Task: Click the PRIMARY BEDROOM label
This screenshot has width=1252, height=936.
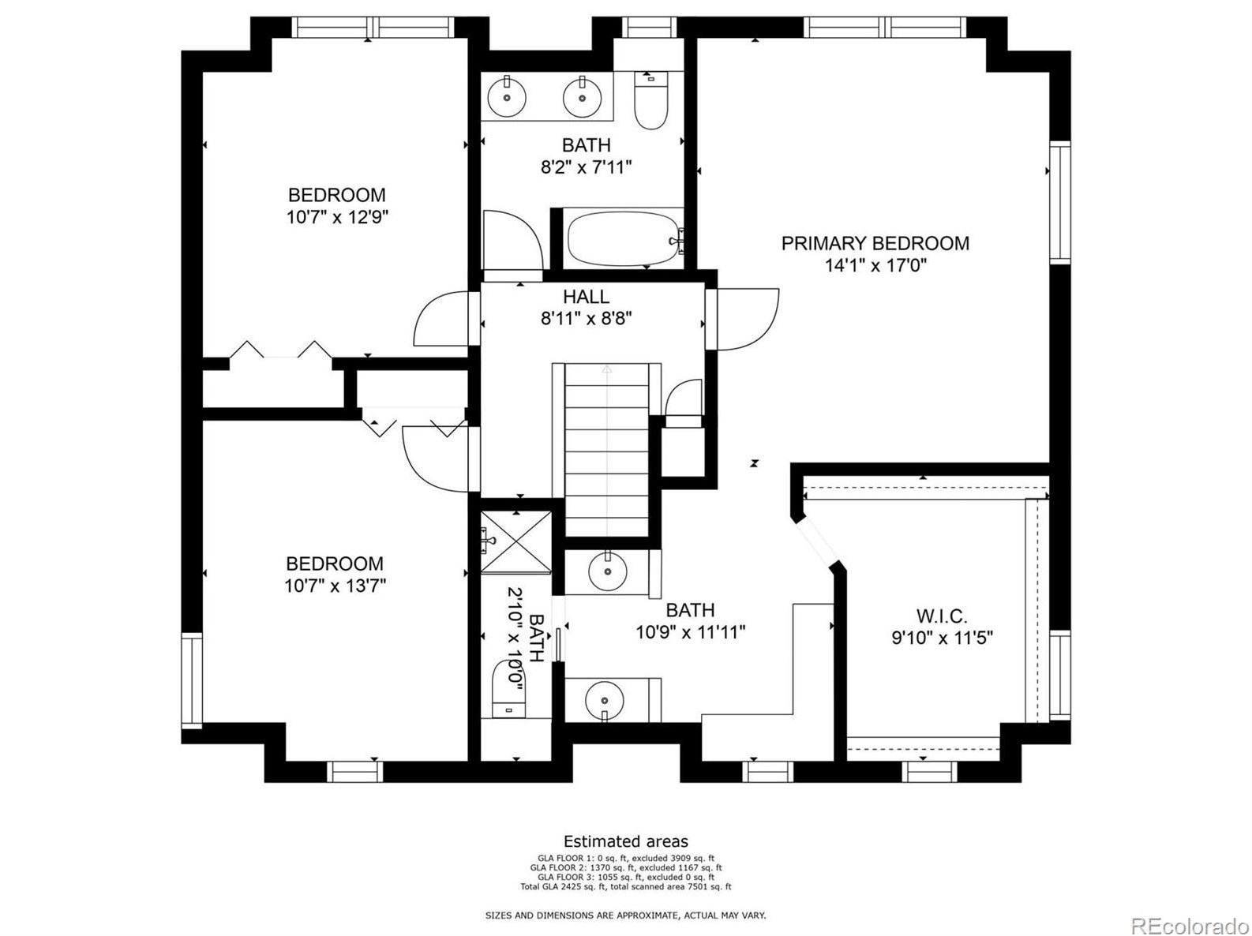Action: (x=875, y=243)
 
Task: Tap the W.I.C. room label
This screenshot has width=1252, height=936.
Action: (x=941, y=616)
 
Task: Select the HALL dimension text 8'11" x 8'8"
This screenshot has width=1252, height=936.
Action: (x=586, y=319)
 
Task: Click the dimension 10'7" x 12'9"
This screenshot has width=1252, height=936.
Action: (x=337, y=217)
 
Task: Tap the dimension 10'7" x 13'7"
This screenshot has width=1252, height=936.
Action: (x=335, y=586)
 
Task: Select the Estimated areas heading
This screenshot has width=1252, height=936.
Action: (x=625, y=841)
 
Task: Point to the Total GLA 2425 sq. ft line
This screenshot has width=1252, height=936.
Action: (x=625, y=886)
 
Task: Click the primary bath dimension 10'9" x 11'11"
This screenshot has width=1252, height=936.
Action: (x=690, y=632)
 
